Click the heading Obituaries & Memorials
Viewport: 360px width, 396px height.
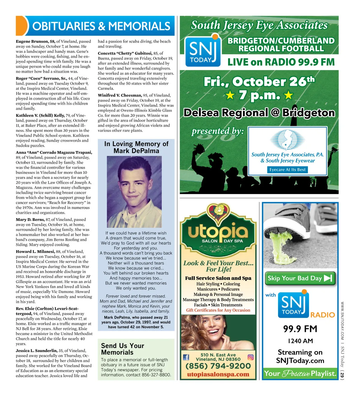click(x=101, y=26)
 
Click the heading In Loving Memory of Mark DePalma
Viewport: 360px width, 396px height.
click(x=136, y=147)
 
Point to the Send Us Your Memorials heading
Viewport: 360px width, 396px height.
click(x=122, y=349)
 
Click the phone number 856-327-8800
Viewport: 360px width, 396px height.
click(x=154, y=375)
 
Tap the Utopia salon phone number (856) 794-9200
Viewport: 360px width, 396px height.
click(x=218, y=366)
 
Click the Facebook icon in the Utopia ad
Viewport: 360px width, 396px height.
click(x=186, y=357)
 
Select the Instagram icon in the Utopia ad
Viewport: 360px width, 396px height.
click(x=250, y=357)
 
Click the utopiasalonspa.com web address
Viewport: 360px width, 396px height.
click(x=218, y=374)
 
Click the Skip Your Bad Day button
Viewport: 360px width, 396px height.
click(x=300, y=278)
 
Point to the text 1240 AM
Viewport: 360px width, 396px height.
click(x=300, y=341)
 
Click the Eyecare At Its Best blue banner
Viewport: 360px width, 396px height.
click(x=287, y=170)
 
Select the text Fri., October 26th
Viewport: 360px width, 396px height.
click(x=259, y=81)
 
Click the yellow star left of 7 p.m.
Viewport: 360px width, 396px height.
click(x=230, y=95)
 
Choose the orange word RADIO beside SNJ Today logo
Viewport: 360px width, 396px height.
click(x=322, y=315)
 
